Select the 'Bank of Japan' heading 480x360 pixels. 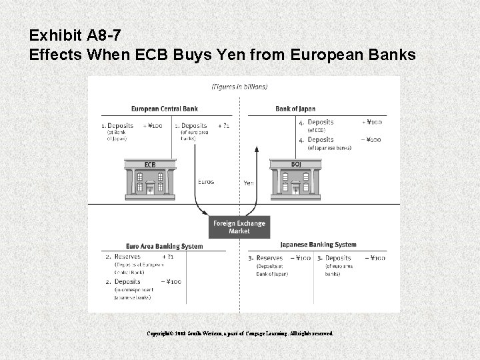pos(295,109)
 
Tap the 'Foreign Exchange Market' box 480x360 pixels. pos(239,227)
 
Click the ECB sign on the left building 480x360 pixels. pos(150,165)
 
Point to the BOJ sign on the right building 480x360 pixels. pos(296,164)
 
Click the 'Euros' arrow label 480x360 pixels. pos(206,181)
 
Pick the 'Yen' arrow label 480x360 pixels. pos(248,182)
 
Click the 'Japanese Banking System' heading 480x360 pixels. pos(318,245)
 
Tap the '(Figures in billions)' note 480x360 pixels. pos(239,87)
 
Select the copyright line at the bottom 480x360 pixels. pos(239,333)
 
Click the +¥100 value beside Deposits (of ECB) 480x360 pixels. pos(371,123)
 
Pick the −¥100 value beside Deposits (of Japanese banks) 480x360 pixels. pos(371,140)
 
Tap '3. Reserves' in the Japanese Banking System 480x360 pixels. pos(265,258)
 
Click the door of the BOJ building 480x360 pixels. pos(296,189)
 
